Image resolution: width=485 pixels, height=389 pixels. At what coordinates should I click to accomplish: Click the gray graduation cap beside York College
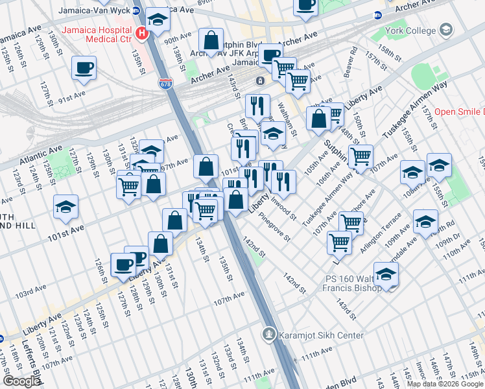[446, 30]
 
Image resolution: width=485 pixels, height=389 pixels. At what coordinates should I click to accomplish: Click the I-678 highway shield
[165, 84]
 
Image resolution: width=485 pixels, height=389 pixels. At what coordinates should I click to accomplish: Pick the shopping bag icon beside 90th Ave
[211, 40]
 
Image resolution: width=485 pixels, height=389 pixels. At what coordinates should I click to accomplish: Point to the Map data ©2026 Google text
[444, 383]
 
